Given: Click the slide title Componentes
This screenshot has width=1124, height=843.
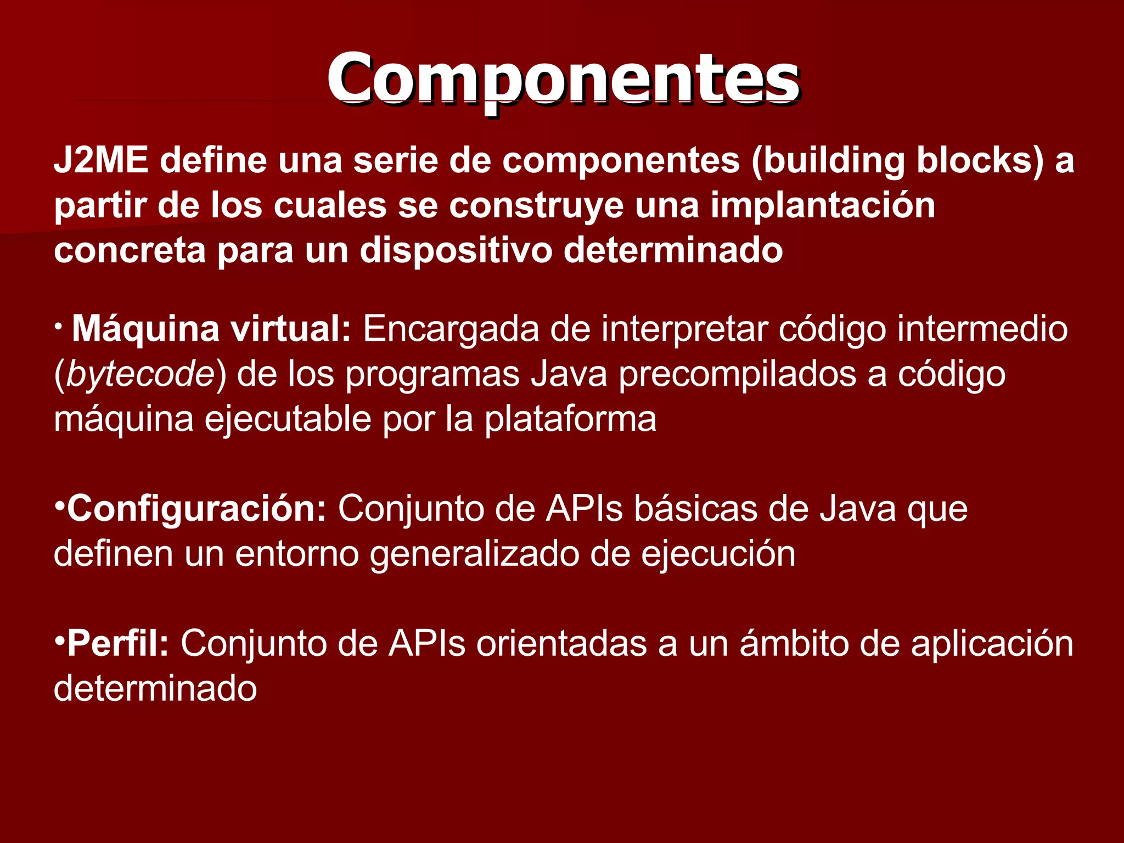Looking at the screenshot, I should [x=563, y=80].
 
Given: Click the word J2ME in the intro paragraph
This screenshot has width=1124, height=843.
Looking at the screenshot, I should [x=101, y=160].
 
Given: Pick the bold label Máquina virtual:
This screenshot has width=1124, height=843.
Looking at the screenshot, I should [x=211, y=329].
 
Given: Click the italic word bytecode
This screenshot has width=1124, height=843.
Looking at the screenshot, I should [x=140, y=375].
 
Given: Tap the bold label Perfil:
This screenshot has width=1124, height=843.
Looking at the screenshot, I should [x=117, y=644].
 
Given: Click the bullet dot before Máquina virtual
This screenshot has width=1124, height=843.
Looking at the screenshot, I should [x=58, y=327].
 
